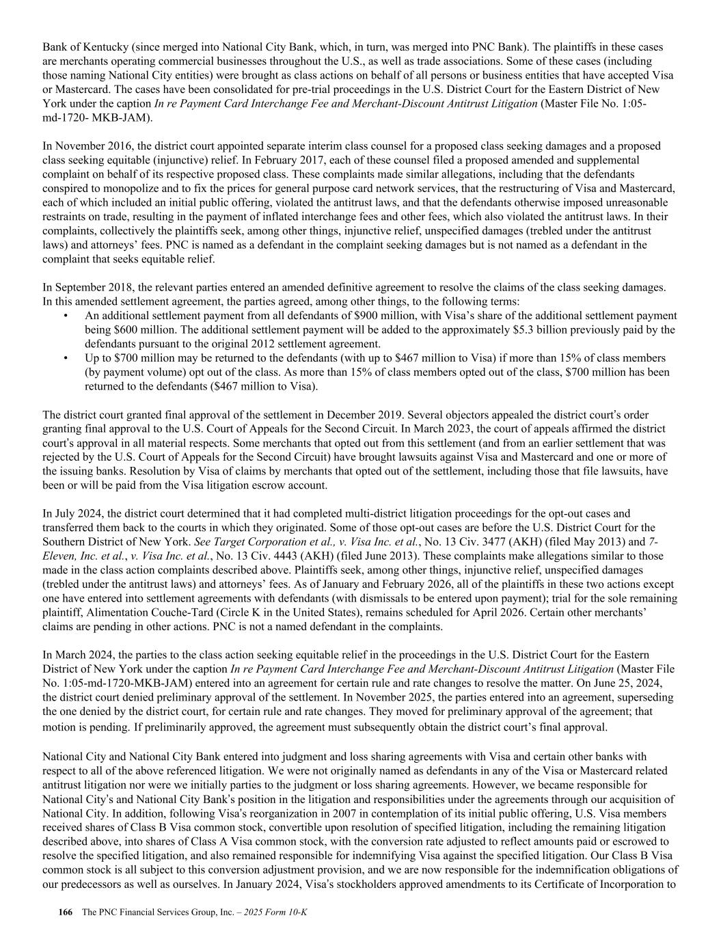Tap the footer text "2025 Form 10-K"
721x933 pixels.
point(280,913)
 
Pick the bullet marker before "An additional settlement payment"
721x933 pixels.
point(66,316)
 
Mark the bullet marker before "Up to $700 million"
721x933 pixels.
point(66,358)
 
